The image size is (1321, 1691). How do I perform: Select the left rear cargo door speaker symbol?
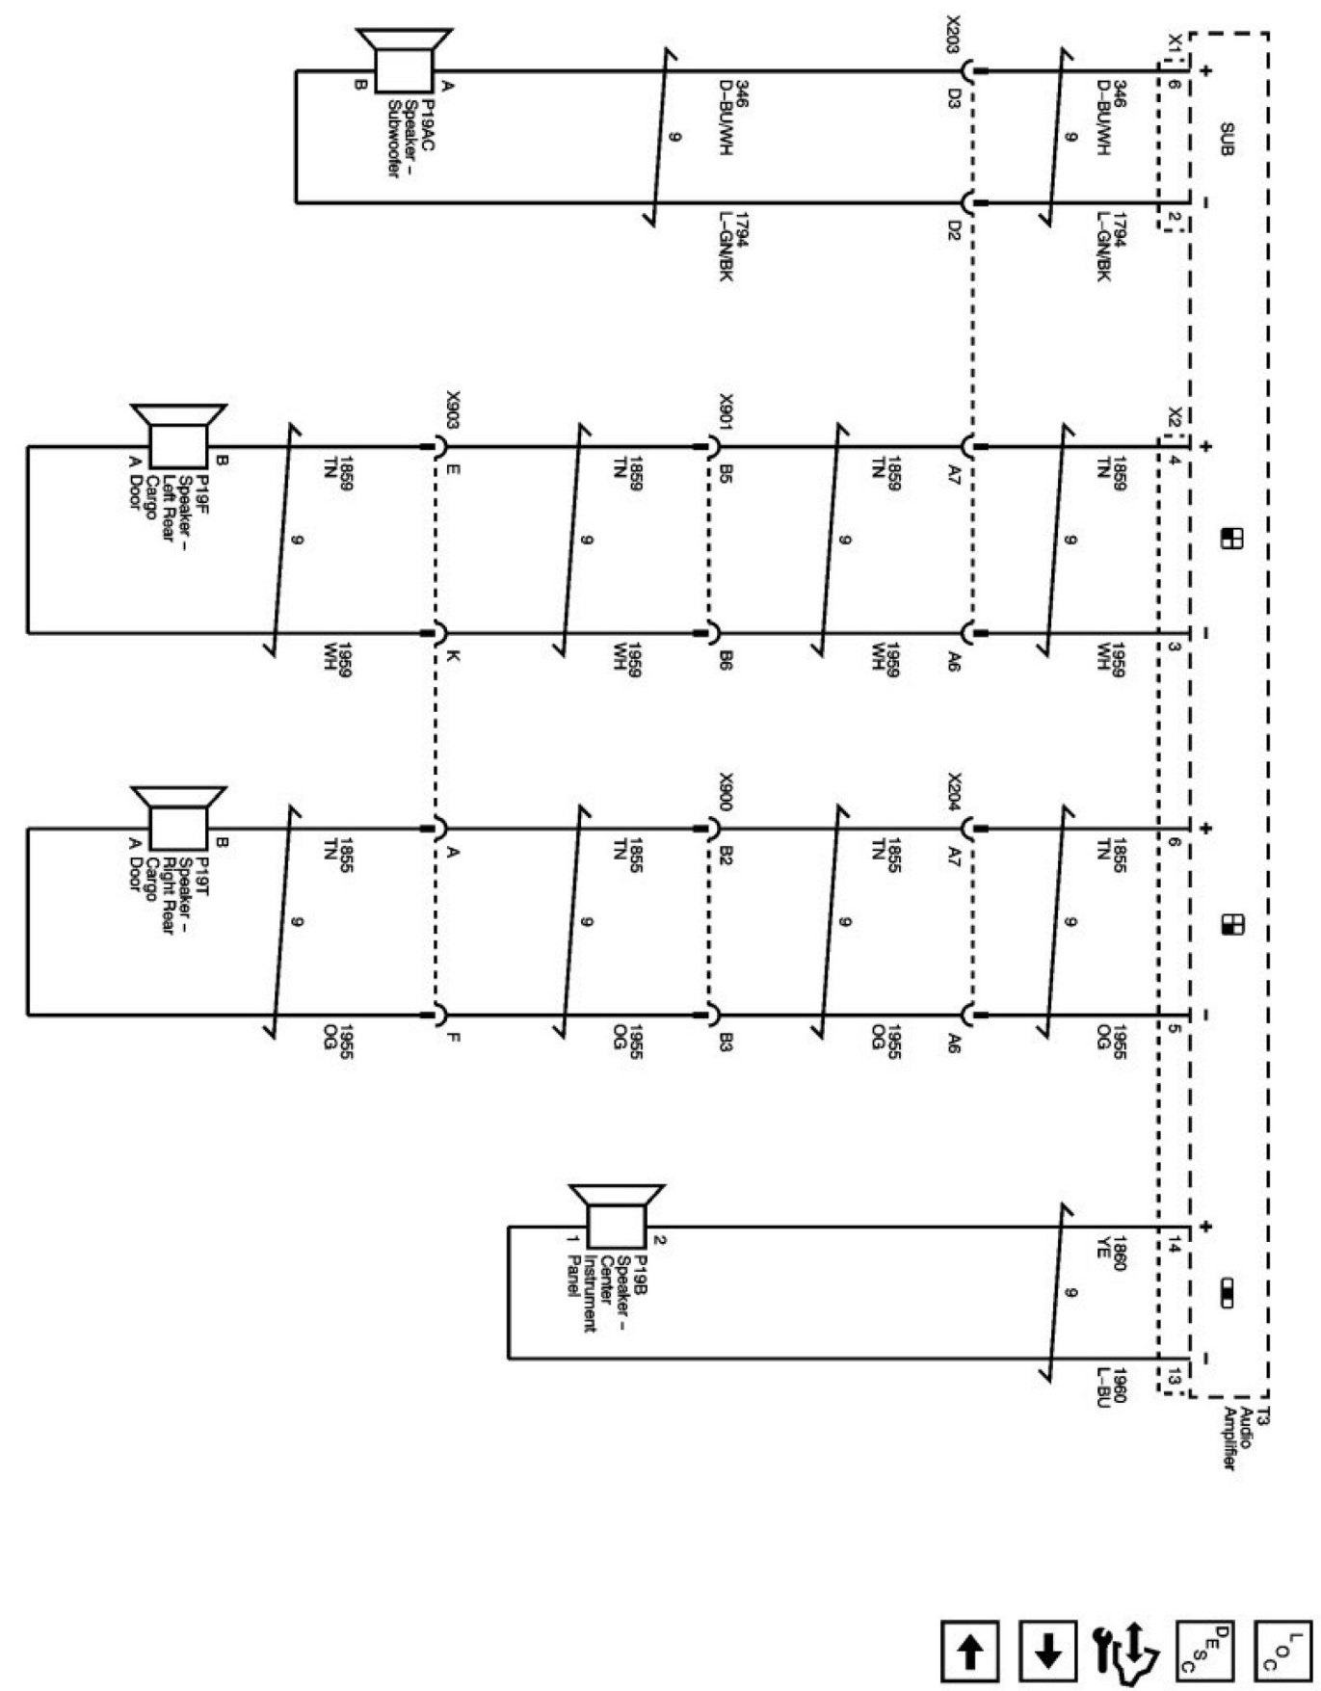tap(179, 444)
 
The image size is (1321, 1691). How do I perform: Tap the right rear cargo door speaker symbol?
tap(179, 826)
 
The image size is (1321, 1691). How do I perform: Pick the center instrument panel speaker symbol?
tap(617, 1225)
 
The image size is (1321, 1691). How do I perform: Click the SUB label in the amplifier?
tap(1227, 139)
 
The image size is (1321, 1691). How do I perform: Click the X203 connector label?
tap(953, 35)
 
